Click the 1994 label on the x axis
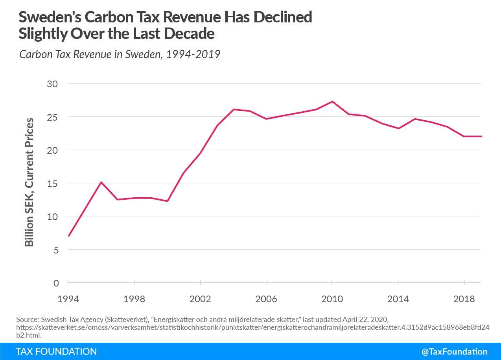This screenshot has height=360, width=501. click(x=68, y=299)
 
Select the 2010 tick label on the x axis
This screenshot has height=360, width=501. click(x=332, y=299)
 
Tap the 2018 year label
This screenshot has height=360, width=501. click(x=464, y=299)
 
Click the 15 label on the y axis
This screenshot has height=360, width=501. click(x=54, y=183)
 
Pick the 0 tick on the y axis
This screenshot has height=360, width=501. click(x=57, y=283)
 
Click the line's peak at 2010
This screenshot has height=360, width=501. click(x=332, y=102)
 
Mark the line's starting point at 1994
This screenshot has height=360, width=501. click(x=68, y=236)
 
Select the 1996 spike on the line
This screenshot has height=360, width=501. click(x=101, y=182)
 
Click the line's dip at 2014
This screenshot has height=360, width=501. click(x=398, y=129)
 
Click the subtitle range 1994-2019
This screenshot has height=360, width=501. click(x=193, y=54)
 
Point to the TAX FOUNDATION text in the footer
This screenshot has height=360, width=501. click(x=56, y=351)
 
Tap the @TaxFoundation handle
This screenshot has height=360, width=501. click(x=454, y=352)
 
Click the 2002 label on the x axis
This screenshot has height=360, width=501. click(x=201, y=299)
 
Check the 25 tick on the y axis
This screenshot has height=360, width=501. click(x=54, y=117)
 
